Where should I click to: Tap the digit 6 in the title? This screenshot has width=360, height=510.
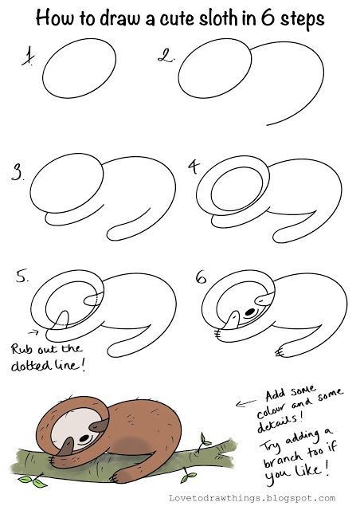tap(268, 18)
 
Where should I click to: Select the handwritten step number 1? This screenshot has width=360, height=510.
tap(29, 56)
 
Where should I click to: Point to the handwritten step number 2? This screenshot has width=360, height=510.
tap(166, 55)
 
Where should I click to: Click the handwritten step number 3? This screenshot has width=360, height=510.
tap(17, 172)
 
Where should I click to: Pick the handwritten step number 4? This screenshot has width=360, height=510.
tap(194, 167)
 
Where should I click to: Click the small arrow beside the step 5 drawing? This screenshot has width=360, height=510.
tap(33, 332)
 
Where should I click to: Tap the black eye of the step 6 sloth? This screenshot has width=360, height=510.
tap(250, 312)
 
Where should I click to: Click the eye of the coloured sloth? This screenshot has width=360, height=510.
tap(84, 438)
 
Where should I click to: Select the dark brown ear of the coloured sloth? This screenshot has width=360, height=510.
tap(99, 425)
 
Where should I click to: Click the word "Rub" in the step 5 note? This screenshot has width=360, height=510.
tap(22, 349)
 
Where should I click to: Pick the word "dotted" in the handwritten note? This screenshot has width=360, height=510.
tap(31, 366)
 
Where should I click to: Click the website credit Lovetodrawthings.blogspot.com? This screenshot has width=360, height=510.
tap(252, 498)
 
